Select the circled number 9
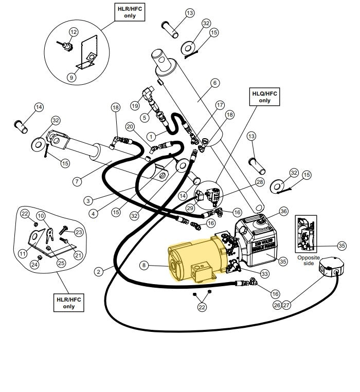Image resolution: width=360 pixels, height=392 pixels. point(71,77)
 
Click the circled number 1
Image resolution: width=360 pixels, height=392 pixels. point(151,136)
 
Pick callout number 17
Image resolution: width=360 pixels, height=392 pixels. point(220,105)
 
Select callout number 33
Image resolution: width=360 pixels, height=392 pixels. point(264,274)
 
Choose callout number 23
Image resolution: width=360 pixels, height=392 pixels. point(79,232)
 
